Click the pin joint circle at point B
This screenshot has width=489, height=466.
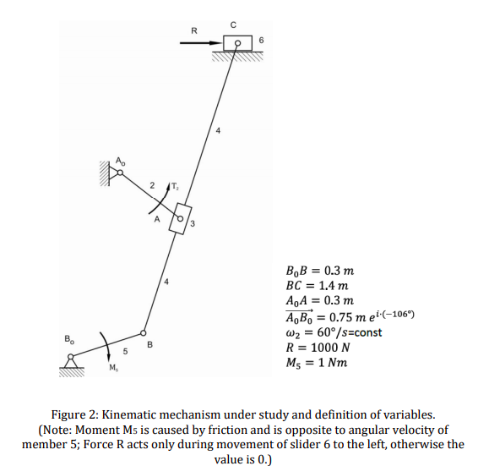coord(144,332)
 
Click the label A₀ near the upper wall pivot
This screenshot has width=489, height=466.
coord(120,160)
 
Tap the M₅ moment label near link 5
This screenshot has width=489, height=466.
coord(113,367)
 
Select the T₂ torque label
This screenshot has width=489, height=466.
coord(174,187)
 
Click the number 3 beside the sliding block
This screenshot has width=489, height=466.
coord(193,224)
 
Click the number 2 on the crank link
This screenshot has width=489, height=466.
coord(151,185)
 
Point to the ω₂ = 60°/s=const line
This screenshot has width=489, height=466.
coord(334,332)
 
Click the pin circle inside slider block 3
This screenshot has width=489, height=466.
coord(180,216)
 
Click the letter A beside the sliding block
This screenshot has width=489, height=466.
coord(155,222)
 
